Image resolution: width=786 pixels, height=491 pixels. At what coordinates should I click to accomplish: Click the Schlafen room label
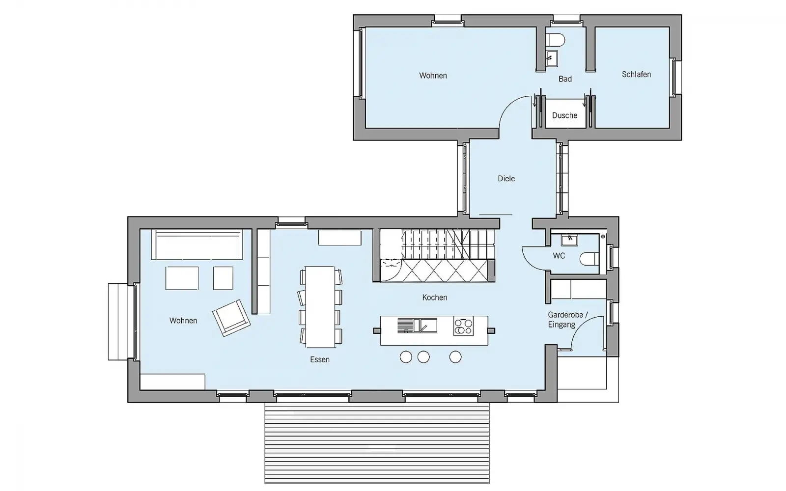(636, 74)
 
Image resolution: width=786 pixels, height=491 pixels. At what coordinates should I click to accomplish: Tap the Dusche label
(564, 115)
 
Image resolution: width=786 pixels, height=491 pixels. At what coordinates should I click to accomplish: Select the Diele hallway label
(506, 179)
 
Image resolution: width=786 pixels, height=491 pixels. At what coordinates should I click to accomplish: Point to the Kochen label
(434, 298)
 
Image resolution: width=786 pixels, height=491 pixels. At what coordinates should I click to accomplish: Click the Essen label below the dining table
(320, 359)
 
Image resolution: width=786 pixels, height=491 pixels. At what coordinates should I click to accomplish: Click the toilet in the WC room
(589, 259)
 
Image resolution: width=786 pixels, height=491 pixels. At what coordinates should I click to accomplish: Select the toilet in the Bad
(555, 40)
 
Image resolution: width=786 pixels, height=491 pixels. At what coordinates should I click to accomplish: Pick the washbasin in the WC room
(569, 240)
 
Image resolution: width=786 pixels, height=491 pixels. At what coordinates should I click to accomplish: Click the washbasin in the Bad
(552, 58)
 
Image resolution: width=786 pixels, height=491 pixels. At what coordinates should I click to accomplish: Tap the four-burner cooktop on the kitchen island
(463, 326)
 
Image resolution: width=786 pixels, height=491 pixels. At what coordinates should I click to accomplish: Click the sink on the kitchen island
(417, 326)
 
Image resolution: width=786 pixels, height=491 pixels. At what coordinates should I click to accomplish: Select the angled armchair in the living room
(231, 318)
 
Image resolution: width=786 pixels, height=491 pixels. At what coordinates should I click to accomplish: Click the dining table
(320, 307)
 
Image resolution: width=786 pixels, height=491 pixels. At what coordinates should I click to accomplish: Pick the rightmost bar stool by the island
(455, 357)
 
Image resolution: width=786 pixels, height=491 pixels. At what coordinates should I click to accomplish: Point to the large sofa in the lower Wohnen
(197, 245)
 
